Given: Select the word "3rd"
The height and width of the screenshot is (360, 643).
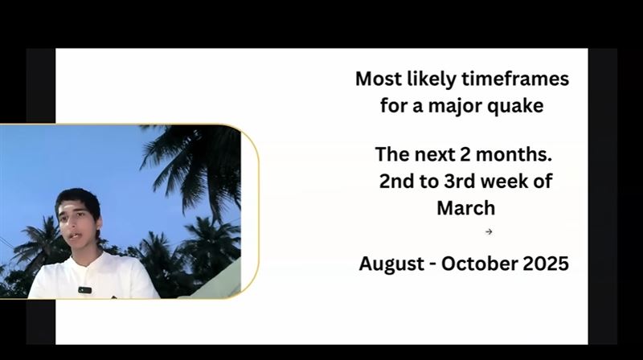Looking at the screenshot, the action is click(460, 181).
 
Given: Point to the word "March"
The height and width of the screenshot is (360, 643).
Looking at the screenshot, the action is click(466, 208).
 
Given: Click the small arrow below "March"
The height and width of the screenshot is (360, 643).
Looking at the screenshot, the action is click(489, 231).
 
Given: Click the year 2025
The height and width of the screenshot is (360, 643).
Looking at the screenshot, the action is click(546, 264).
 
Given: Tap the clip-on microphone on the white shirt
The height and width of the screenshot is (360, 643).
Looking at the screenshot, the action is click(85, 290).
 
